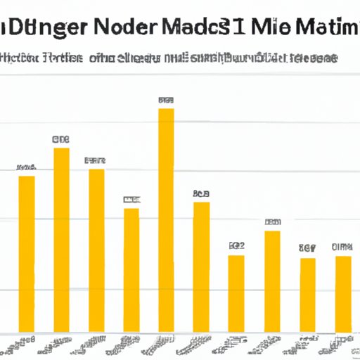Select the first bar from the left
(x=26, y=253)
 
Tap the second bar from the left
(x=62, y=239)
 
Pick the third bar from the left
(x=96, y=250)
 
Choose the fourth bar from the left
(x=131, y=270)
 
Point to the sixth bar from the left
(x=202, y=267)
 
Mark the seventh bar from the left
(x=237, y=293)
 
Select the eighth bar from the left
(x=272, y=281)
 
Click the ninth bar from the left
(x=308, y=295)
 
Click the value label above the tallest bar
(x=166, y=100)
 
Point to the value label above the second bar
(x=62, y=139)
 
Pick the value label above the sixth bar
(x=202, y=193)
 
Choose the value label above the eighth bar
(x=273, y=222)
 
